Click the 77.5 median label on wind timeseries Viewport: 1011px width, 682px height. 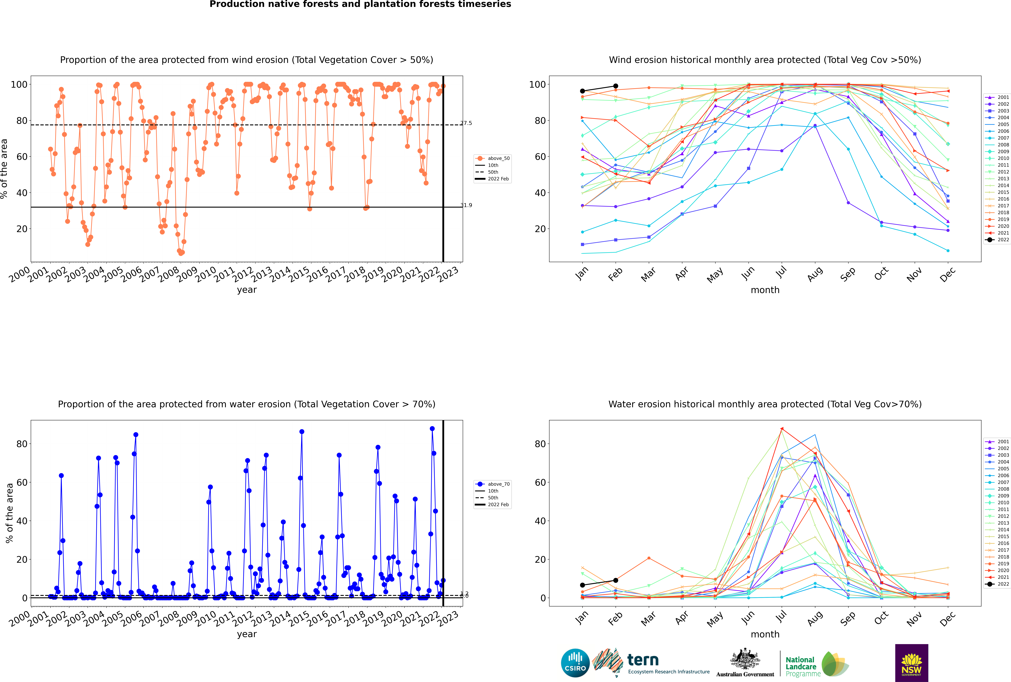[x=466, y=123]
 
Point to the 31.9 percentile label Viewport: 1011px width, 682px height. [x=466, y=205]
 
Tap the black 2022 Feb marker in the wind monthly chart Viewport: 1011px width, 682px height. [x=615, y=86]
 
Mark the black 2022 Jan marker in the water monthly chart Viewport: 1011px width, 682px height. [x=582, y=585]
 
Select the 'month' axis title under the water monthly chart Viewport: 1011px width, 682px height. [x=765, y=634]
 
